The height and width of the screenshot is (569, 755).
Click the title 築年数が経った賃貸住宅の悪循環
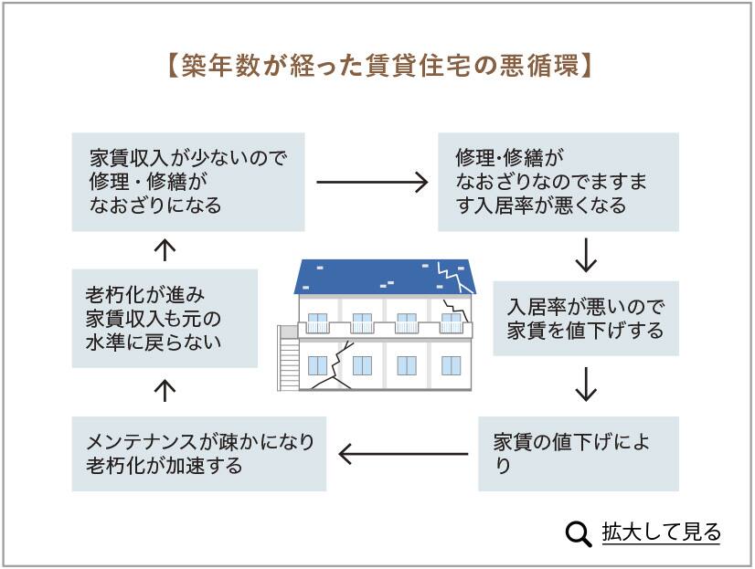tap(377, 67)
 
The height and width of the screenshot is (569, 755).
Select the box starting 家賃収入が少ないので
tap(188, 181)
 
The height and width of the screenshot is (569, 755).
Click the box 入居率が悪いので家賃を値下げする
tap(586, 317)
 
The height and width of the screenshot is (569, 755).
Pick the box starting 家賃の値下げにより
tap(578, 453)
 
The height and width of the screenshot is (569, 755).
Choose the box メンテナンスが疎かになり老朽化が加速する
tap(199, 453)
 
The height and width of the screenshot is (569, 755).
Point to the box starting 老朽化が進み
tap(164, 319)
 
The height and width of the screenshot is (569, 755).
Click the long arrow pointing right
tap(372, 183)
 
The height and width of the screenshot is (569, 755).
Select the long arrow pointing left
tap(403, 452)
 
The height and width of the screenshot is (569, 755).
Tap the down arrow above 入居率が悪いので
tap(586, 256)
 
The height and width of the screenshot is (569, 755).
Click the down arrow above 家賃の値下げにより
tap(586, 385)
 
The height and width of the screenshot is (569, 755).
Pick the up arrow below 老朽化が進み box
tap(165, 391)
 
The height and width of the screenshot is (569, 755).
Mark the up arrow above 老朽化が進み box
tap(165, 248)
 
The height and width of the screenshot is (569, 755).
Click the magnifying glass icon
tap(579, 533)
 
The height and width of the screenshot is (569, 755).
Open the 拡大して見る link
tap(661, 532)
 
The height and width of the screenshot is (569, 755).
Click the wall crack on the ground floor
tap(335, 365)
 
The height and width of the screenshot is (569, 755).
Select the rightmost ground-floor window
tap(451, 365)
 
